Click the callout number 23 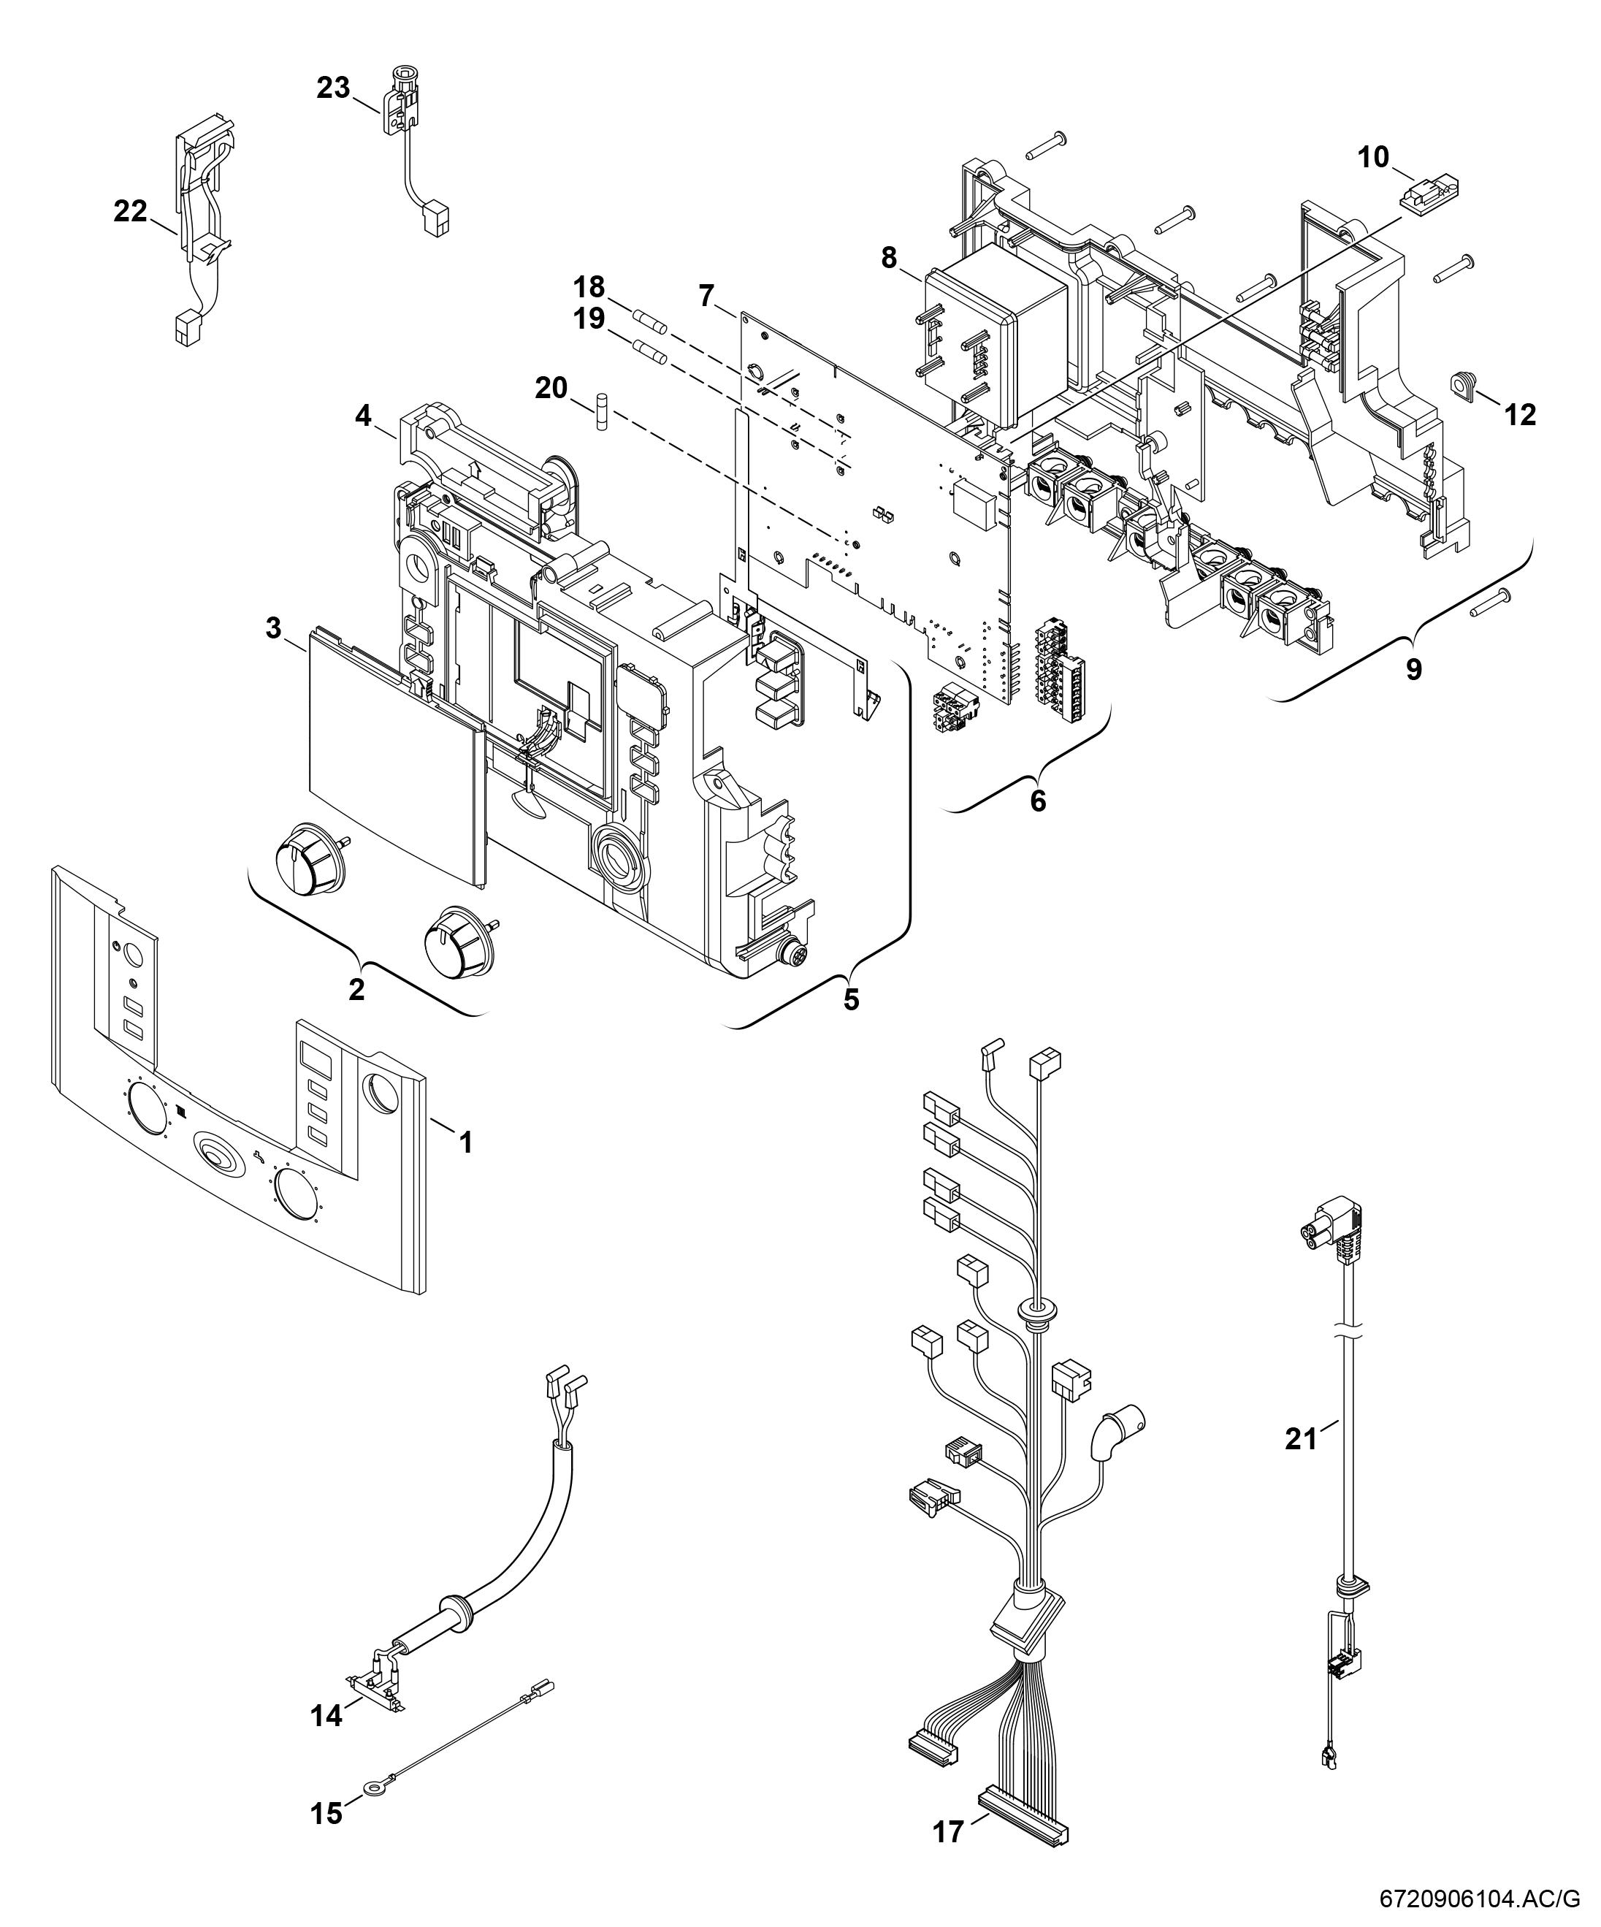pyautogui.click(x=333, y=88)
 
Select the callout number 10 pyautogui.click(x=1373, y=158)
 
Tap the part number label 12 pyautogui.click(x=1519, y=415)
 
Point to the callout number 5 pyautogui.click(x=852, y=999)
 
